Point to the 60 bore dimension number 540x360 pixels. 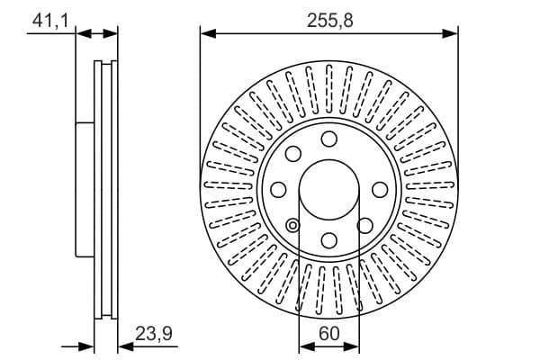(329, 333)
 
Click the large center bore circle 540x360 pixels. (329, 189)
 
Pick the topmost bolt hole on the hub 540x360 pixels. (329, 139)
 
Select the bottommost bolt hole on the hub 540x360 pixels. (329, 240)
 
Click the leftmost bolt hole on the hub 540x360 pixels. (279, 189)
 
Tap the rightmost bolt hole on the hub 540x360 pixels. (380, 189)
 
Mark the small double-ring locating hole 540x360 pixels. (292, 225)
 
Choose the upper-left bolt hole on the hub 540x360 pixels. (293, 154)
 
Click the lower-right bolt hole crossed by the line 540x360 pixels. (365, 225)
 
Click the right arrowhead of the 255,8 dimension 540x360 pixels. (452, 34)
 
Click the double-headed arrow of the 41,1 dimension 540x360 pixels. (97, 34)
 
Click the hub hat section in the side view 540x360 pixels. (85, 189)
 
